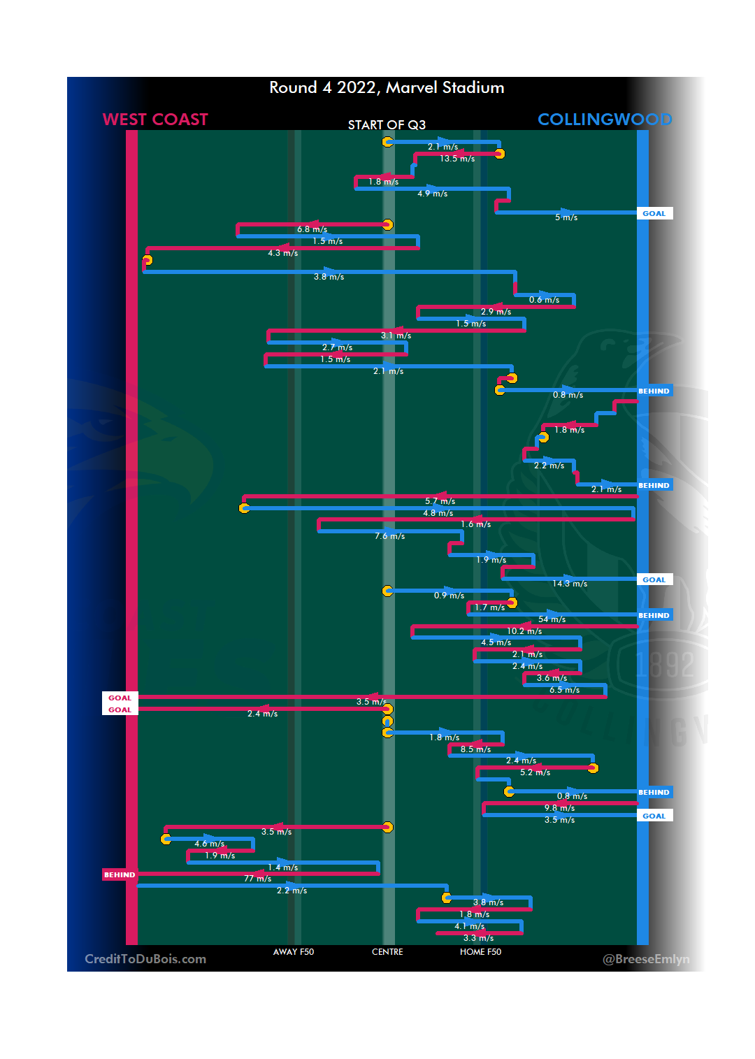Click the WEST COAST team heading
(155, 120)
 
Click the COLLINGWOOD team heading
(605, 120)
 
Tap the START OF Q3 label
(387, 125)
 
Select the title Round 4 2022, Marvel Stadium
(387, 87)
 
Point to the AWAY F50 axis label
(294, 952)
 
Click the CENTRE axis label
(387, 952)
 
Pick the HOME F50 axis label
(480, 952)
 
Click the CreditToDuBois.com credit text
(145, 959)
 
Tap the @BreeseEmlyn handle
(646, 959)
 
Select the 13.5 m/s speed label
(457, 159)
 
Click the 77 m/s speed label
(257, 879)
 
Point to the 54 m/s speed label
(552, 619)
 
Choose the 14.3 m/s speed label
(570, 584)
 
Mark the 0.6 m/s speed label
(544, 300)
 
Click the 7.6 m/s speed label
(389, 536)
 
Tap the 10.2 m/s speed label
(524, 631)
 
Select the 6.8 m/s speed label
(312, 229)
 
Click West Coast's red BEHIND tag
(120, 874)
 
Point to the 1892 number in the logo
(665, 664)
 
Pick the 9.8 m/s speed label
(559, 808)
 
